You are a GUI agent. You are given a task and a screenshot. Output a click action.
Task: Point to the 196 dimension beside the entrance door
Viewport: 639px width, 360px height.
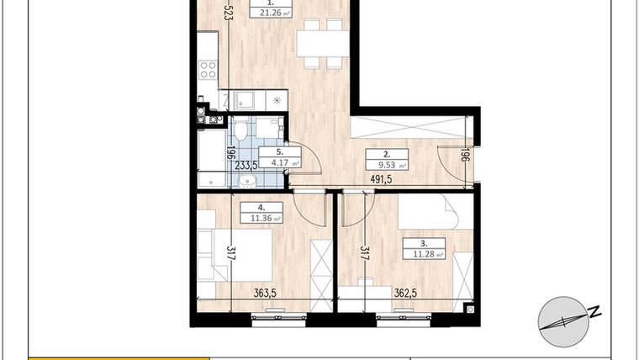coord(464,156)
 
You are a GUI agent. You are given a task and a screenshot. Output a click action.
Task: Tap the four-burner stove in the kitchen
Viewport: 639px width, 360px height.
coord(207,71)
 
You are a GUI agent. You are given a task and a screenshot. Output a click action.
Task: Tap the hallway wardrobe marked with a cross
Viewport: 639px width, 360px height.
coord(409,129)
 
